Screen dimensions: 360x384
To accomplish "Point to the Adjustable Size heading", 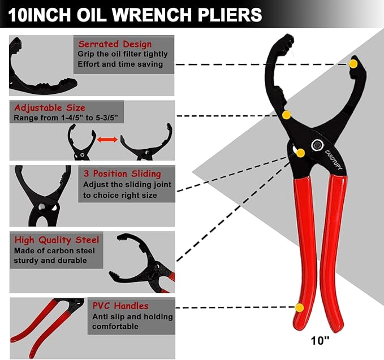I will (x=50, y=107).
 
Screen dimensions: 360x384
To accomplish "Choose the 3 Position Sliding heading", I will (x=122, y=174).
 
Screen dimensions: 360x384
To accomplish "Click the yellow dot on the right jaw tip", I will (x=353, y=64).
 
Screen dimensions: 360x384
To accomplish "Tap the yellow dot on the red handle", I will (x=300, y=307).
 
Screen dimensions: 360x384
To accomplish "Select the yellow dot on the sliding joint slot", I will (x=300, y=153).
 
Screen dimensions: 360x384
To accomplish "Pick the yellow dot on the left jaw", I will (x=287, y=115).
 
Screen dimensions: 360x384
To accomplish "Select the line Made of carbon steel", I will (x=54, y=250).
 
